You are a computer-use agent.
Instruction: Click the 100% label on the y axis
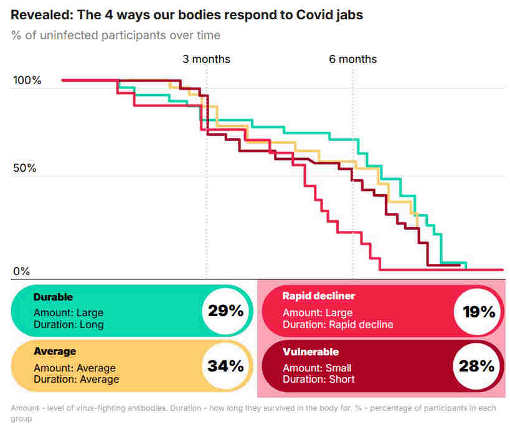point(27,81)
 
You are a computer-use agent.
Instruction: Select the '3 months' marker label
point(206,59)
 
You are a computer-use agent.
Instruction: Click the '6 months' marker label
point(353,59)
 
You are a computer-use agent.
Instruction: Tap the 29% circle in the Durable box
point(225,311)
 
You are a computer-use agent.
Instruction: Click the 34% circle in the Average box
point(225,365)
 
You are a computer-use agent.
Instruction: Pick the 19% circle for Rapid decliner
point(479,311)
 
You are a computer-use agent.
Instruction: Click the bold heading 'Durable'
point(53,297)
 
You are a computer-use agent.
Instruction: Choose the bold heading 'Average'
point(55,352)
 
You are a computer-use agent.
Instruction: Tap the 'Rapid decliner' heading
point(318,296)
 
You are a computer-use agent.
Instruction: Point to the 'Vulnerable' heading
point(310,352)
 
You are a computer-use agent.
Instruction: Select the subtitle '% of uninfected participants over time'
point(115,35)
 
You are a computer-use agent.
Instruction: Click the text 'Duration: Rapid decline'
point(338,324)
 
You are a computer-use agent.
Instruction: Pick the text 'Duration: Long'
point(68,324)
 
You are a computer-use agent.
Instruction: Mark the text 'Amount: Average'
point(74,368)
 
